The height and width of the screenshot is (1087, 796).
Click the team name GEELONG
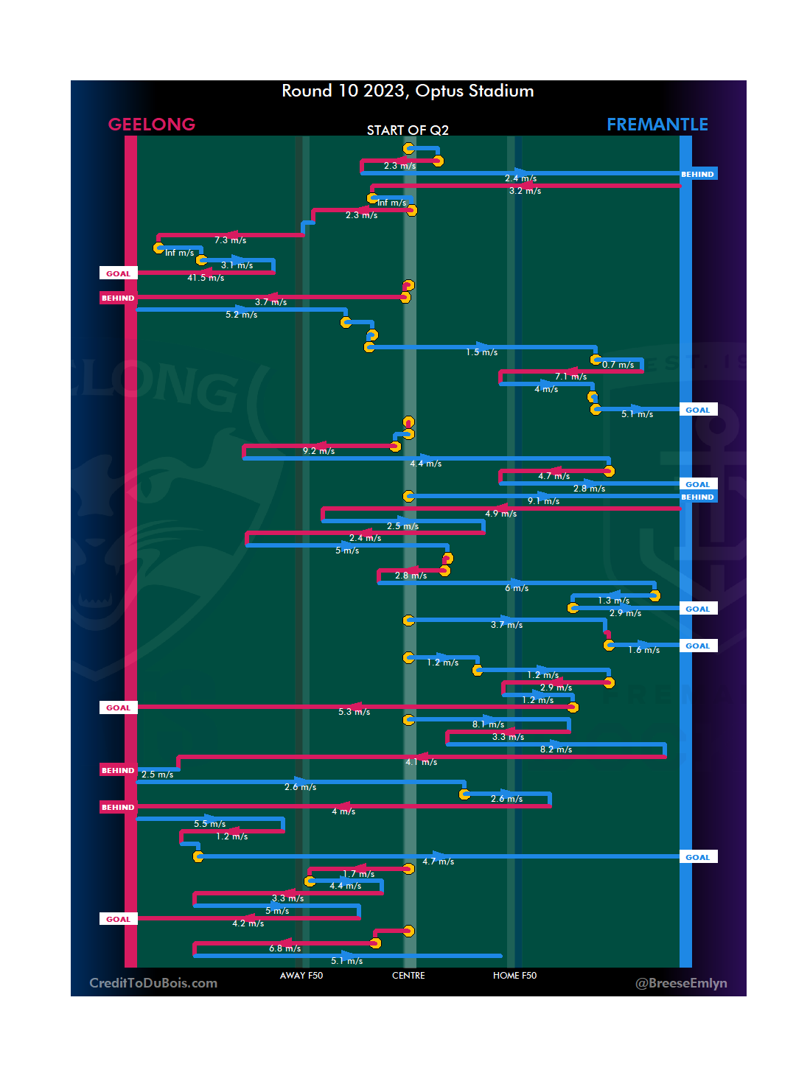click(152, 125)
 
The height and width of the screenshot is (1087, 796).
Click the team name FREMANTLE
click(657, 125)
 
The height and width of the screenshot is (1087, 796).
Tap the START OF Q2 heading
click(408, 130)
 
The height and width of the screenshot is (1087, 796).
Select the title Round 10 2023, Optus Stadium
click(408, 91)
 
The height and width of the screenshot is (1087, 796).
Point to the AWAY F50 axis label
click(301, 976)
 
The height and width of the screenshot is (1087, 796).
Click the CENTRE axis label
click(408, 976)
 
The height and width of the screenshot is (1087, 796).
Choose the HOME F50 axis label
click(514, 976)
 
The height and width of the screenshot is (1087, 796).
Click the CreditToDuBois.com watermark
click(153, 983)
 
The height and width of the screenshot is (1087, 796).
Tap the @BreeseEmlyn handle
click(681, 983)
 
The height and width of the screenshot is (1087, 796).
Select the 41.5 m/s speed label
click(206, 278)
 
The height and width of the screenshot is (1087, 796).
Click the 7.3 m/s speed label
click(230, 240)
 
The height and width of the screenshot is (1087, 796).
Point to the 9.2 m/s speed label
click(318, 451)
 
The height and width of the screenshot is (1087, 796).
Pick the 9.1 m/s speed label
click(543, 501)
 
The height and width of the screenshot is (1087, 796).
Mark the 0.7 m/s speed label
click(618, 365)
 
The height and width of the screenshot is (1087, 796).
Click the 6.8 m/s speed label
click(284, 948)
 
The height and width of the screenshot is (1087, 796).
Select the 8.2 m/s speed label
click(556, 749)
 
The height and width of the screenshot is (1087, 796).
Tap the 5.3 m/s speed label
click(354, 712)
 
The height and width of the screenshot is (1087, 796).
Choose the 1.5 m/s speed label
click(481, 352)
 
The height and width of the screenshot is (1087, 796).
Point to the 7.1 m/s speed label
click(570, 377)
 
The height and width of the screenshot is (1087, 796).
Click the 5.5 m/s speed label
click(209, 824)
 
